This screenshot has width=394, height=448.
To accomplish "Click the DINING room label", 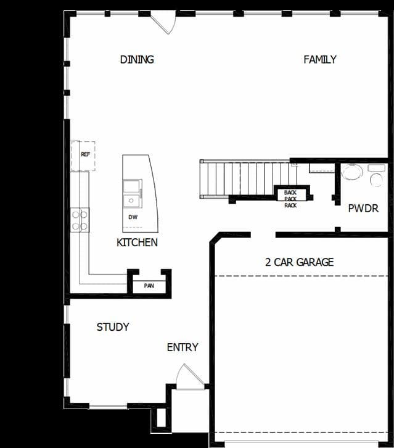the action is coord(137,59).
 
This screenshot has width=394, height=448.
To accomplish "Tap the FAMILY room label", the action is coord(320,59).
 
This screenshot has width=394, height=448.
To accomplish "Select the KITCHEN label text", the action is coord(137,243).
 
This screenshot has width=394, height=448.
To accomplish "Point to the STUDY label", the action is coord(113,327).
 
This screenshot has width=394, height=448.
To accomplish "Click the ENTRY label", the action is coord(183,347).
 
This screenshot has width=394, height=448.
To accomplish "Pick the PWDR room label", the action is coord(363,209).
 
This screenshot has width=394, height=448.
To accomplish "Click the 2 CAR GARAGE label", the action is coord(300,262).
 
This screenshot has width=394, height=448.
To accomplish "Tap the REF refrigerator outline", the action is coord(83,156).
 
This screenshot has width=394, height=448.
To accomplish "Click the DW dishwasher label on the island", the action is coord(133,217).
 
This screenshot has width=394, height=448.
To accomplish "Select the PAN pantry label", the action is coord(149,286).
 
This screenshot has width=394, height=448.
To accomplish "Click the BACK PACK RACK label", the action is coord(290,199).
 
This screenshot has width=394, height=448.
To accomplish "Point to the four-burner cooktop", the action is coord(80,220).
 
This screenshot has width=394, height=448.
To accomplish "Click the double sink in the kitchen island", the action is coord(133,193).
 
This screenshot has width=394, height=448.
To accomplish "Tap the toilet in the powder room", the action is coord(376,175).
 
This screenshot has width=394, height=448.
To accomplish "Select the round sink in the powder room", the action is coord(352,172).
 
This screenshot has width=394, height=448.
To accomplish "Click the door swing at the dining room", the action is coord(163,22).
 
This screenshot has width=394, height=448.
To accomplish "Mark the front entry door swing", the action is coord(190,376).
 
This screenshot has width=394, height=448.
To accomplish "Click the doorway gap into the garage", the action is coord(263,235).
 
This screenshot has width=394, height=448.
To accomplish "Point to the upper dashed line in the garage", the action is coord(302,276).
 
